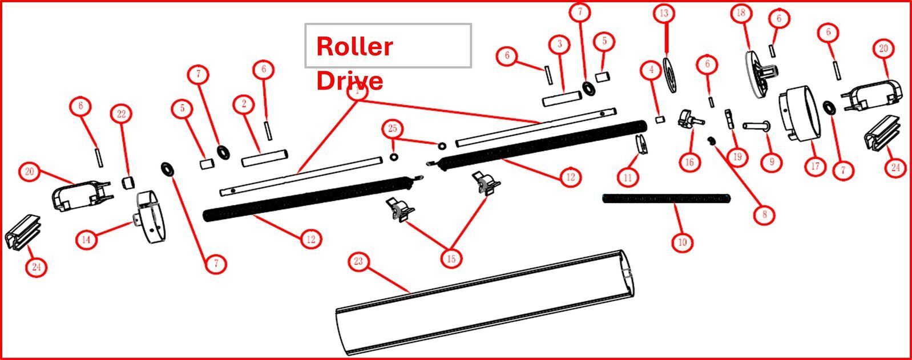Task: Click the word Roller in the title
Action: point(354,46)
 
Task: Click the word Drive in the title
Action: point(349,80)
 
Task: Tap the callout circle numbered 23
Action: point(358,262)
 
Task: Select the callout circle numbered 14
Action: point(86,240)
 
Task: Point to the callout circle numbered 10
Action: point(682,242)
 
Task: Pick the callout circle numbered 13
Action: point(663,14)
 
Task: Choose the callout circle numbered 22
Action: point(121,114)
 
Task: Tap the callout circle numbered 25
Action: point(393,129)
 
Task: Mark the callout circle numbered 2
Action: point(244,104)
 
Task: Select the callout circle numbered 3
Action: point(560,43)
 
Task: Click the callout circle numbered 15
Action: point(451,259)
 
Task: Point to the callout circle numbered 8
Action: point(764,215)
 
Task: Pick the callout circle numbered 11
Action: point(628,177)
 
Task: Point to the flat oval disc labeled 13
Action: point(671,72)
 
